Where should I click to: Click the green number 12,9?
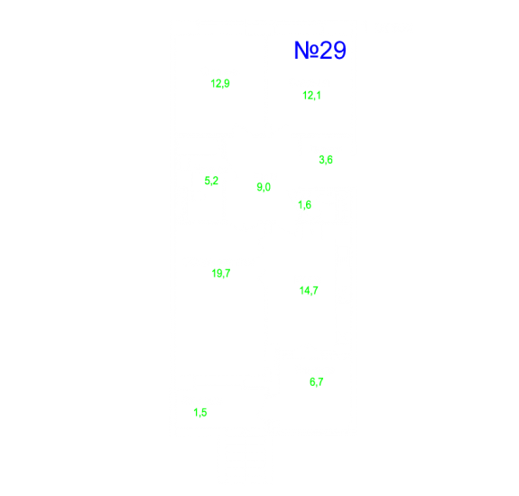coord(220,83)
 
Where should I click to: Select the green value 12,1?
coord(311,96)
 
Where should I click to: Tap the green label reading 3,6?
coord(326,160)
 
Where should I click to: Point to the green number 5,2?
coord(211,181)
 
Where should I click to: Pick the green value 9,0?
coord(264,187)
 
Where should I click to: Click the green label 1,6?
coord(304,205)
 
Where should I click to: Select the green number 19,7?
coord(221,274)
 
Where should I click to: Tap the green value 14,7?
coord(309,291)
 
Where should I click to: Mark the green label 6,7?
coord(317,382)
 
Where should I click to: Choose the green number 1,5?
coord(200,413)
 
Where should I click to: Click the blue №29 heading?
coord(320,51)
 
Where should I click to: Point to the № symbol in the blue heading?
coord(307,51)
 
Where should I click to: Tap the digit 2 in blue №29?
coord(327,51)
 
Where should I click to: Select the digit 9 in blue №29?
coord(339,51)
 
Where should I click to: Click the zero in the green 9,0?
coord(268,187)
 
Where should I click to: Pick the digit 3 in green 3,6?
coord(321,160)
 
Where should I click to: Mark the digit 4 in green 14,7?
coord(306,291)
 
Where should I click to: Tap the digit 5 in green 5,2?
coord(208,181)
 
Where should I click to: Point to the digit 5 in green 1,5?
coord(204,413)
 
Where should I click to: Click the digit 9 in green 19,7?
coord(218,274)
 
